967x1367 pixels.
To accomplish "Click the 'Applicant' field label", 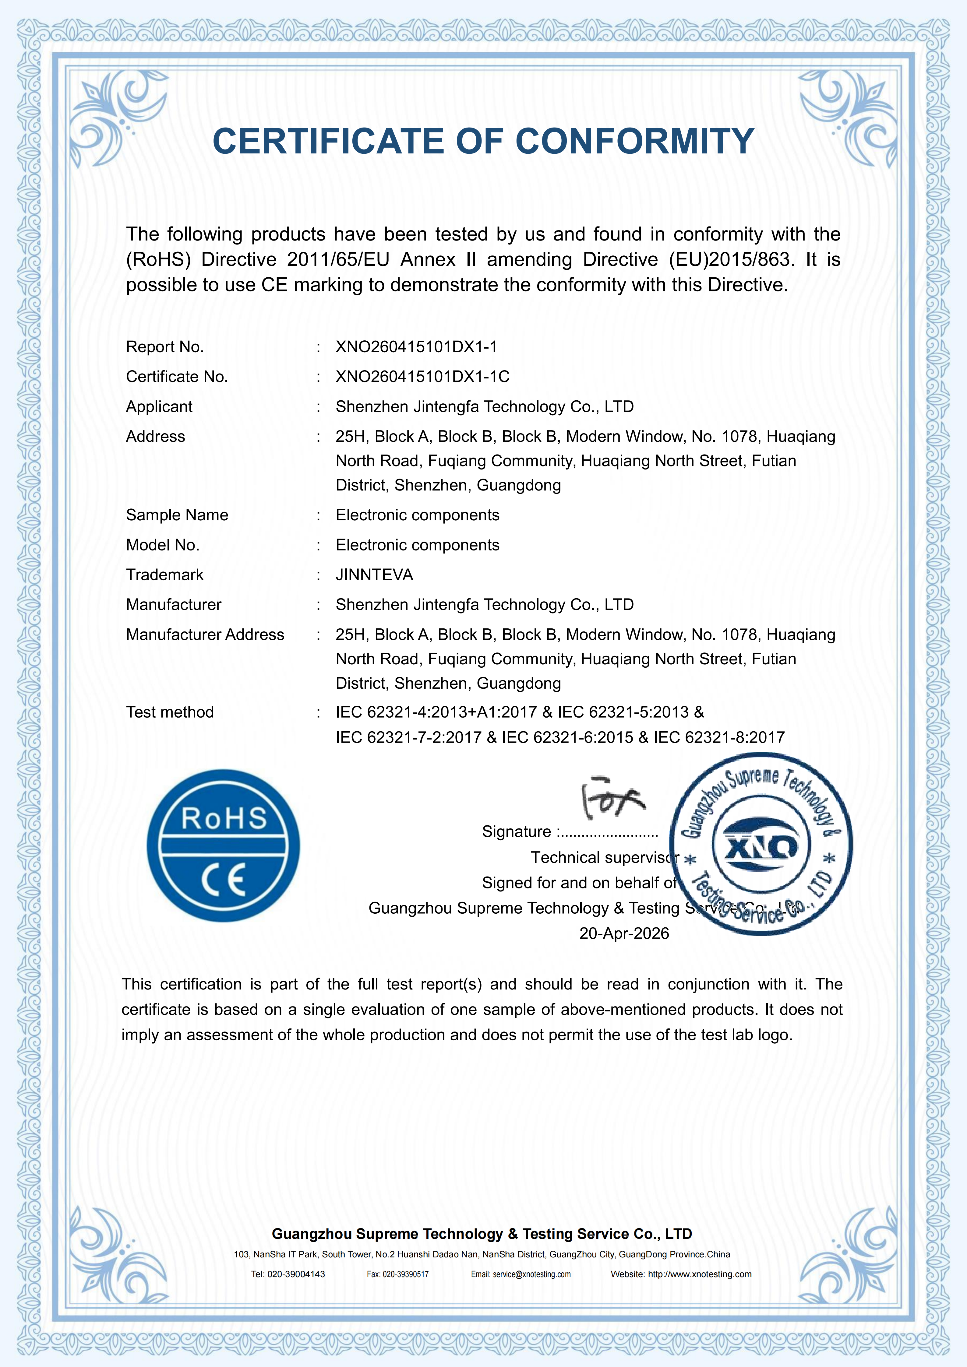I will pos(159,407).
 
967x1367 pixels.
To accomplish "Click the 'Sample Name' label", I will pos(177,515).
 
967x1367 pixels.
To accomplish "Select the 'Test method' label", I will pos(170,712).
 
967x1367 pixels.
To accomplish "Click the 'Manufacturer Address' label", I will pos(205,635).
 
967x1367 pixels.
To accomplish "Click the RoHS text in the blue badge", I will pos(224,819).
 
